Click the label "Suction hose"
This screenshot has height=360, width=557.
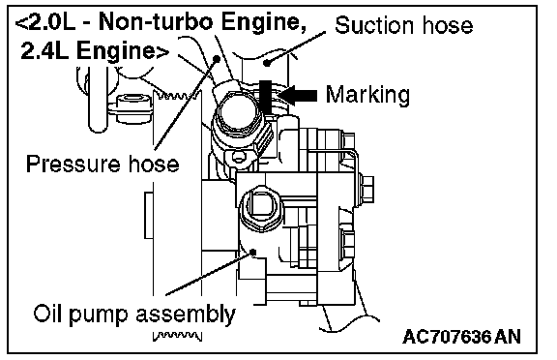tap(403, 25)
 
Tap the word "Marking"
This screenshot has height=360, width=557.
tap(367, 95)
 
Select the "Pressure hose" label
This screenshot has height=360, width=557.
tap(103, 164)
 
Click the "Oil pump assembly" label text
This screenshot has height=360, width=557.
tap(134, 315)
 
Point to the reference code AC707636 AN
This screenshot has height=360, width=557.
tap(461, 336)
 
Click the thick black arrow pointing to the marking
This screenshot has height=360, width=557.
tap(297, 95)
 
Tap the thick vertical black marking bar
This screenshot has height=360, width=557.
tap(265, 97)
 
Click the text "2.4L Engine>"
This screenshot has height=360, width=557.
tap(95, 51)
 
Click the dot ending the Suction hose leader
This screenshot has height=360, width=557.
tap(267, 64)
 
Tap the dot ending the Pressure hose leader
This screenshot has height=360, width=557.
tap(216, 58)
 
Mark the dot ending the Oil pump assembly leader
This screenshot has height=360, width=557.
tap(253, 252)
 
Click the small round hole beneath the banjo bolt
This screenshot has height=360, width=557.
tap(239, 156)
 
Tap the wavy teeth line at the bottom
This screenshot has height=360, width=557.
tap(177, 336)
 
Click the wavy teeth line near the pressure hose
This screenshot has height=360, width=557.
tap(177, 95)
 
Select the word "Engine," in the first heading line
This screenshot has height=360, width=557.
tap(264, 23)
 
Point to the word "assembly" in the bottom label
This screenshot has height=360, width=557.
tap(186, 315)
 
